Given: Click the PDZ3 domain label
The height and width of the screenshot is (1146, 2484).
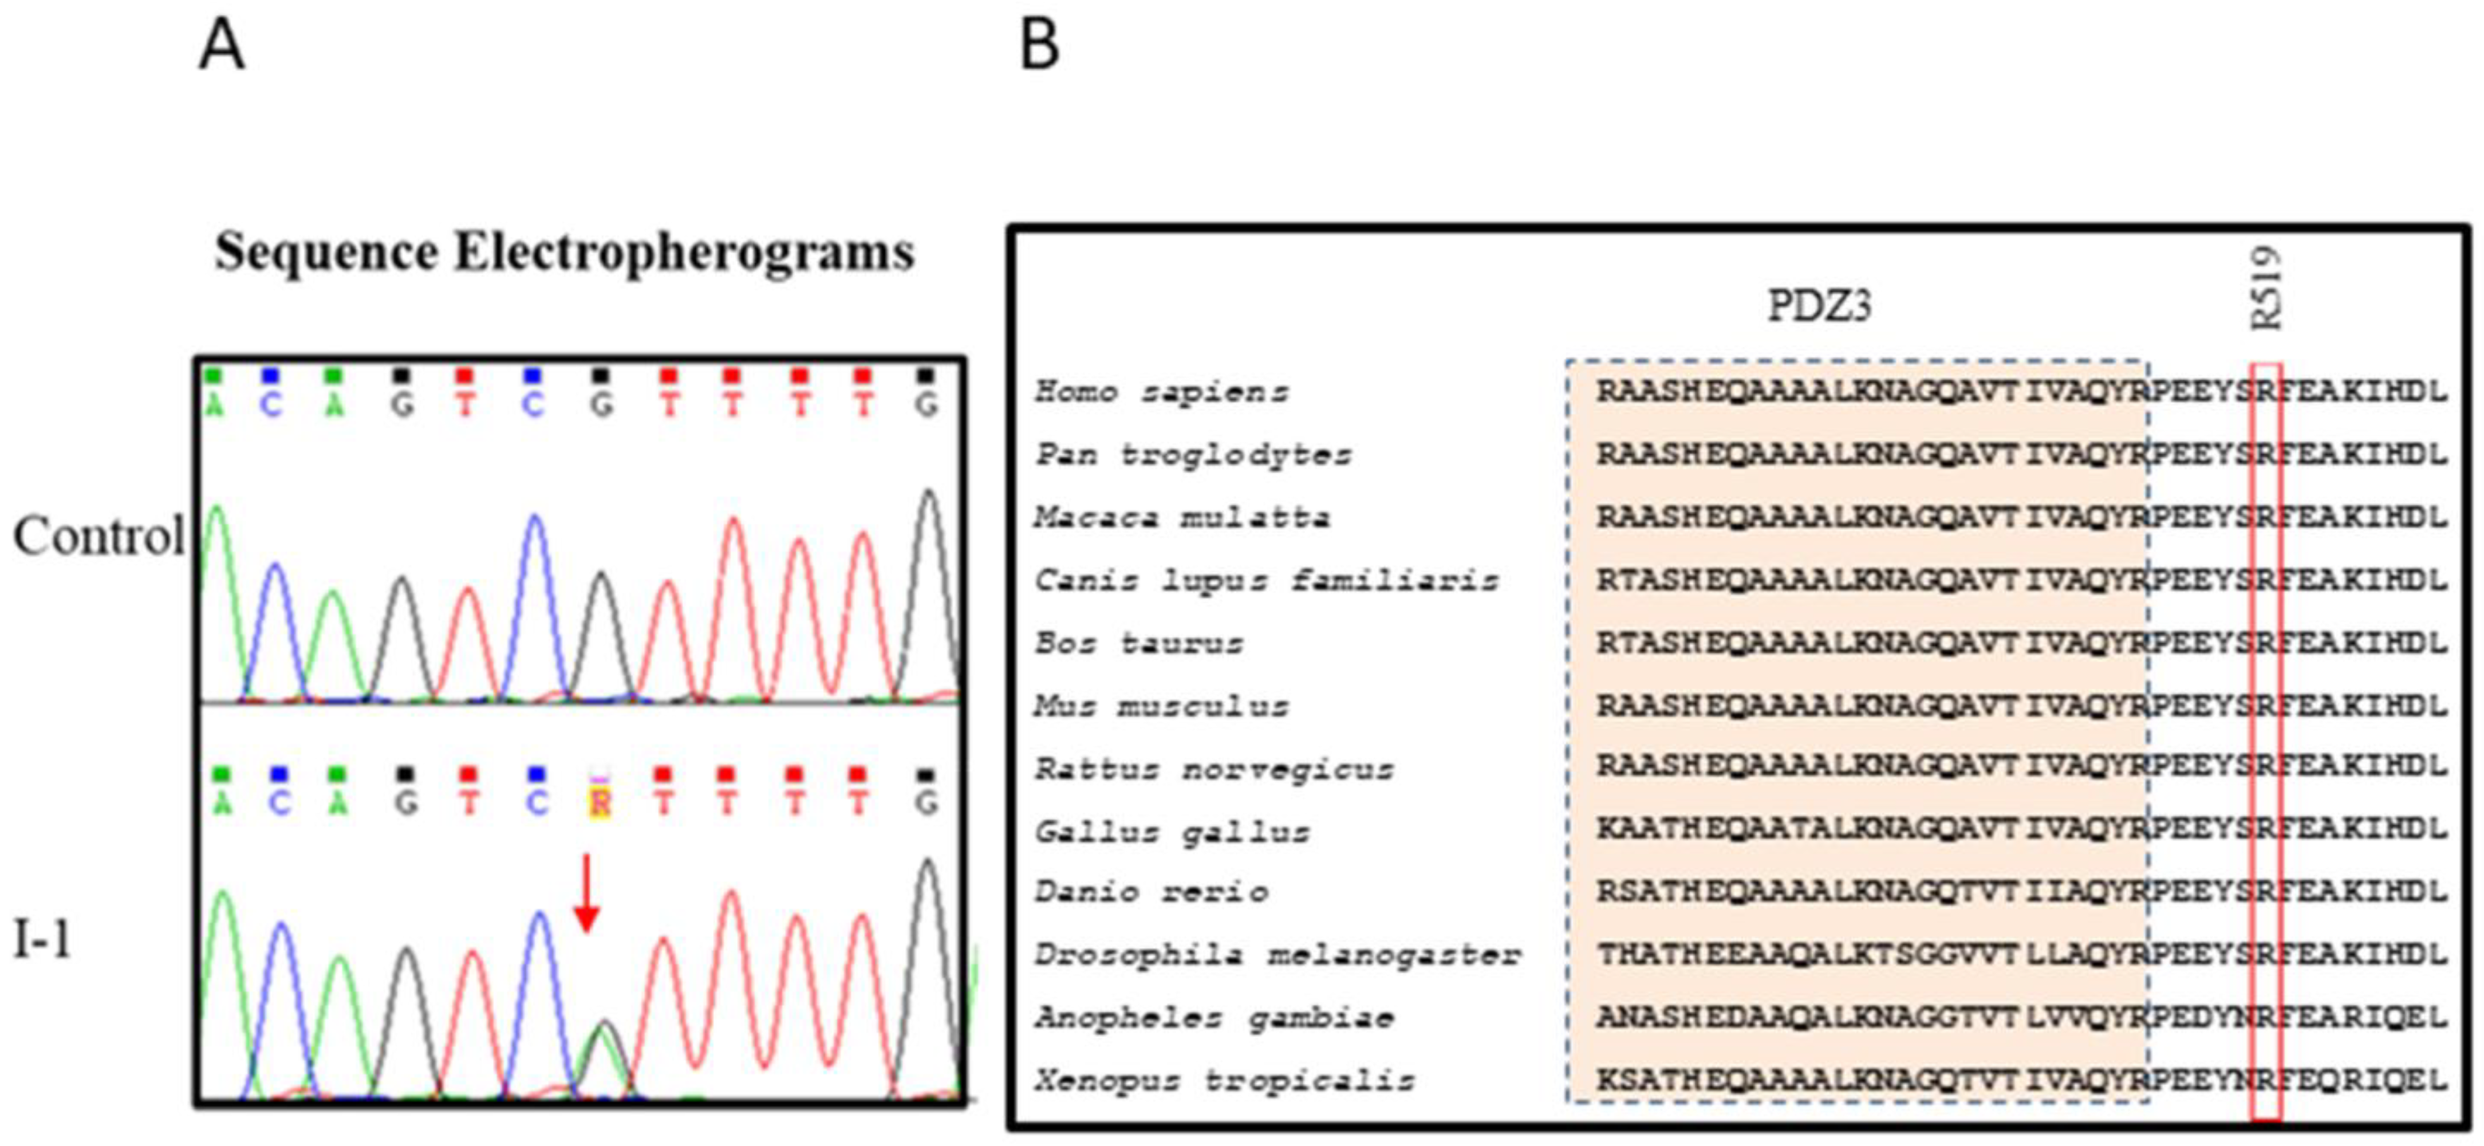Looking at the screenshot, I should (x=1819, y=307).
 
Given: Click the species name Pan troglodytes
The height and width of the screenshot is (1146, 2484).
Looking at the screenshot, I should (x=1193, y=454).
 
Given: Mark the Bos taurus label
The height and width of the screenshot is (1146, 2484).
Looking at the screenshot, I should (x=1139, y=643).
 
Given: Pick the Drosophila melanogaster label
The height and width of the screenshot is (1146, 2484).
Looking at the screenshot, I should (x=1278, y=955).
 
